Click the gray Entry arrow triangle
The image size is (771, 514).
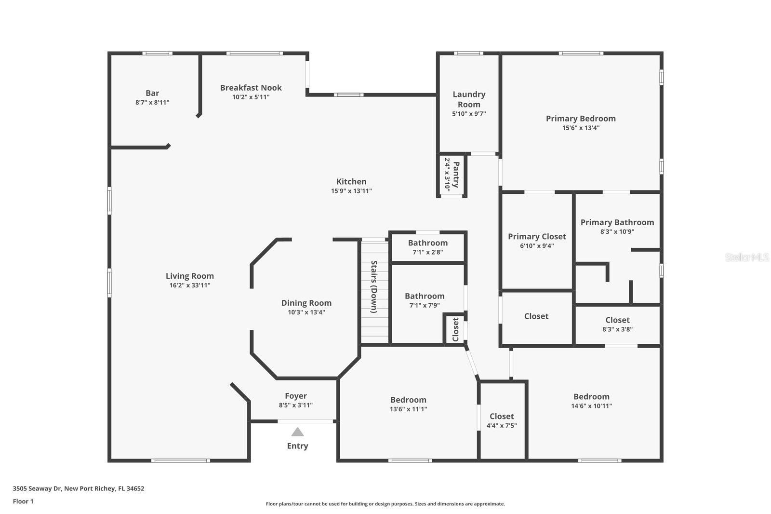pyautogui.click(x=297, y=432)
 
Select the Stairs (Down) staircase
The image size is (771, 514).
pyautogui.click(x=374, y=291)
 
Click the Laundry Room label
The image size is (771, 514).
pyautogui.click(x=469, y=99)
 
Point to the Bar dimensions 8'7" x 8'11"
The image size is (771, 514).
pyautogui.click(x=152, y=103)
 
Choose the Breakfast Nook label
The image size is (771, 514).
pyautogui.click(x=251, y=88)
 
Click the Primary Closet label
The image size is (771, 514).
pyautogui.click(x=537, y=236)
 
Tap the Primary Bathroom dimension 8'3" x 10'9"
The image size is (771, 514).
pyautogui.click(x=617, y=231)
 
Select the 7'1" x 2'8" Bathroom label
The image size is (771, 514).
pyautogui.click(x=427, y=243)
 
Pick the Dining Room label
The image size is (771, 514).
pyautogui.click(x=306, y=303)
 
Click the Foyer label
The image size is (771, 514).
pyautogui.click(x=295, y=396)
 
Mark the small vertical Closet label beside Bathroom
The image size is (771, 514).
pyautogui.click(x=455, y=329)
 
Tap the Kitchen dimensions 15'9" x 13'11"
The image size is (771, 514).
pyautogui.click(x=351, y=191)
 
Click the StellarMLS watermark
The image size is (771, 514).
pyautogui.click(x=746, y=257)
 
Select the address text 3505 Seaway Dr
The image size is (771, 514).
pyautogui.click(x=79, y=488)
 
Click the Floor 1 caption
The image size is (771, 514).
pyautogui.click(x=23, y=501)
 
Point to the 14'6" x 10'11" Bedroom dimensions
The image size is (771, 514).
pyautogui.click(x=591, y=406)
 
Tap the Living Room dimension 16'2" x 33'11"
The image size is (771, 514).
pyautogui.click(x=189, y=285)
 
